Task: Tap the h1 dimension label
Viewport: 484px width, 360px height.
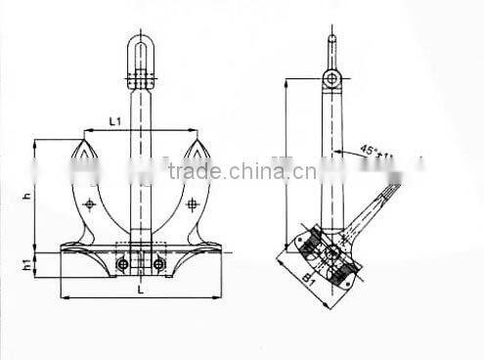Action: click(27, 262)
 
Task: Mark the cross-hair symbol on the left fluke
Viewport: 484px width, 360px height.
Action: click(90, 204)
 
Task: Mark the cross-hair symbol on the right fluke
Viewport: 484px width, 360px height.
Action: click(192, 204)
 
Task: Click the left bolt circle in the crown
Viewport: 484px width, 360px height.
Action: click(122, 263)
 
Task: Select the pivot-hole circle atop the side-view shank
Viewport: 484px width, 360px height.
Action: click(332, 76)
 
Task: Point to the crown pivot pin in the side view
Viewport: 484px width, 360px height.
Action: click(332, 252)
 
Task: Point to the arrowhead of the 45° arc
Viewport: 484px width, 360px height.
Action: click(339, 154)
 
